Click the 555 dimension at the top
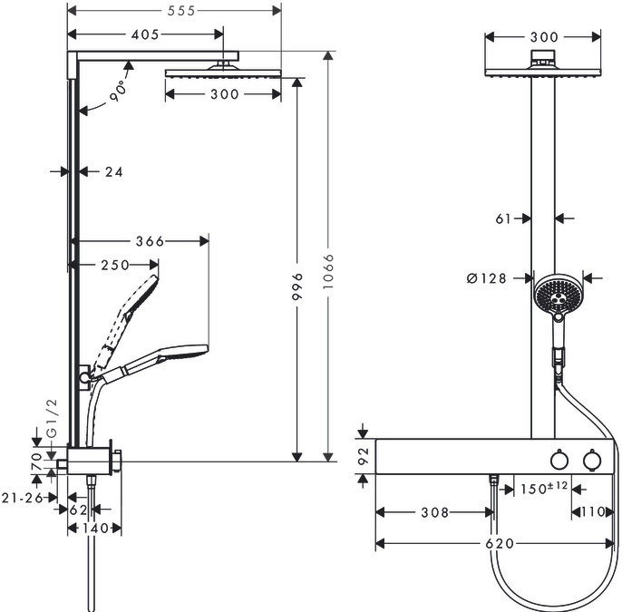(x=178, y=10)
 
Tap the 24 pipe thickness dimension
(x=112, y=170)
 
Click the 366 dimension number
(x=149, y=241)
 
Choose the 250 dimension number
(x=114, y=265)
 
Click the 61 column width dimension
(x=506, y=218)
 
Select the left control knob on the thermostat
(x=559, y=462)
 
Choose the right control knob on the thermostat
(x=592, y=462)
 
